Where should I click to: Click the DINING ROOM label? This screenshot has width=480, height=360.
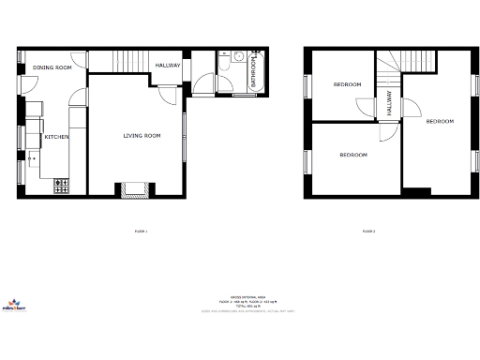(52, 67)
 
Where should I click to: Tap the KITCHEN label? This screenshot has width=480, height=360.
(56, 138)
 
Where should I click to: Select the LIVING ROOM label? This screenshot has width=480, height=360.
(142, 136)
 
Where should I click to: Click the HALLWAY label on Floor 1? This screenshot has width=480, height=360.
(168, 65)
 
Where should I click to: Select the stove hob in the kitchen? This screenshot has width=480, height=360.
(62, 187)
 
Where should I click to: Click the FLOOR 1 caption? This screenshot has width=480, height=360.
(142, 231)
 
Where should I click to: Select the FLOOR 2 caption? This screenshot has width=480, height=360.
(368, 231)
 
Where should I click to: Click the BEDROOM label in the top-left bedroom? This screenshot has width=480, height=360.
(347, 85)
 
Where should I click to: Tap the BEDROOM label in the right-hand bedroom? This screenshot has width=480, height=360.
(440, 122)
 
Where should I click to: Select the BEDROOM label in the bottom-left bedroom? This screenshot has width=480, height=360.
(353, 155)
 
